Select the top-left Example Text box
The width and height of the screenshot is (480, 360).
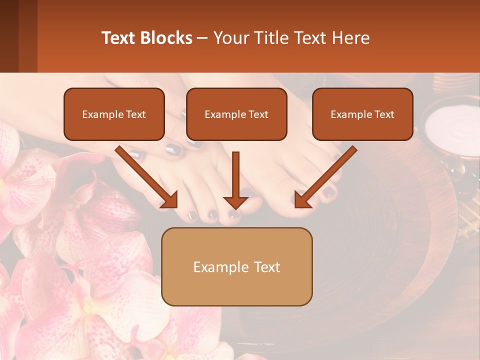point(114,114)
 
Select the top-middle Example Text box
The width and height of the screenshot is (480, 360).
point(236,114)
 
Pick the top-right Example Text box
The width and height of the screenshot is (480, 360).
point(362,114)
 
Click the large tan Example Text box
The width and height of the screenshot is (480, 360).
point(236,266)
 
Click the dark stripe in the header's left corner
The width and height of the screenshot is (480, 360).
point(9,36)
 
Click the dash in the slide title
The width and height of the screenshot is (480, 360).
point(202,38)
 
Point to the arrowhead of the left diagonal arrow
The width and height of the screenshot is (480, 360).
point(170,200)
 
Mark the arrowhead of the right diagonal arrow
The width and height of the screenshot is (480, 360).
point(302,200)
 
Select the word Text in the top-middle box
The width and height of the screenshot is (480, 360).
point(258,114)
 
